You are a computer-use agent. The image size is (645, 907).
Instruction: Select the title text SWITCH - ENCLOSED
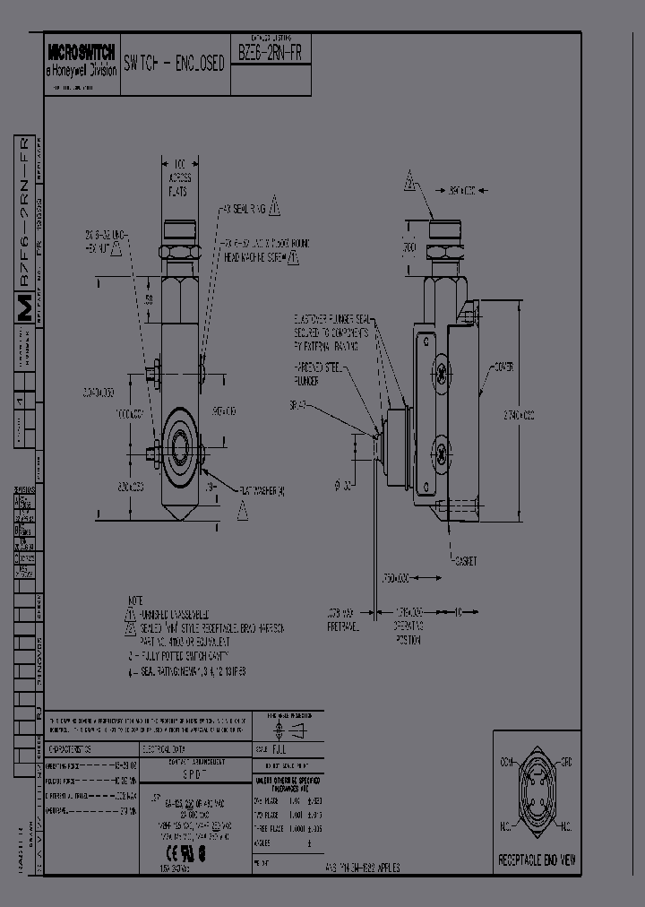pos(174,65)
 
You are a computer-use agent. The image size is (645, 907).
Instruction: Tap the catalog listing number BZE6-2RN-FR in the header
pos(271,52)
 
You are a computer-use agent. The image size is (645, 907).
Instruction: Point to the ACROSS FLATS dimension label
pos(180,185)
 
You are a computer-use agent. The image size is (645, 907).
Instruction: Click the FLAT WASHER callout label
pos(261,490)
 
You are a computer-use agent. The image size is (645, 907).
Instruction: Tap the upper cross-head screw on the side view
pos(443,367)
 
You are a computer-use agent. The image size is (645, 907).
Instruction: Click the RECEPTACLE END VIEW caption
pos(537,860)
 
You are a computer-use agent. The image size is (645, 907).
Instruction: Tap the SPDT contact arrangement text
pos(183,771)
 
